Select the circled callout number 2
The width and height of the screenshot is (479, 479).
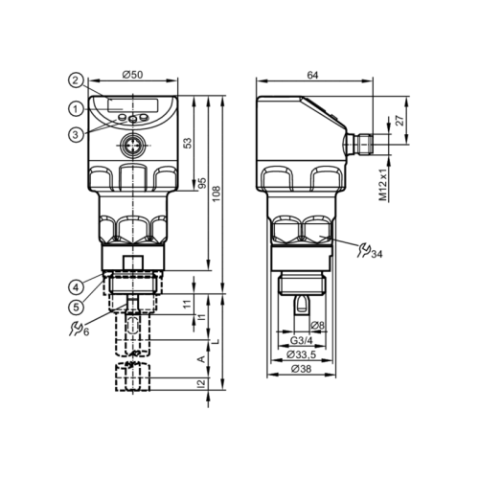pos(76,80)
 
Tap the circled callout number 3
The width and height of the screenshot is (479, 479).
pos(76,134)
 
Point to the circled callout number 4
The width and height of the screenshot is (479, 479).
pos(75,285)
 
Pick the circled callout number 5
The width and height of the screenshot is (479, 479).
pos(75,307)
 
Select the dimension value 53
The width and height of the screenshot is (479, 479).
pos(189,142)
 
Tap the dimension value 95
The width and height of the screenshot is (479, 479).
pos(203,182)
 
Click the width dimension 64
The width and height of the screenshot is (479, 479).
pos(313,75)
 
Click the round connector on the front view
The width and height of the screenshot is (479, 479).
pos(134,147)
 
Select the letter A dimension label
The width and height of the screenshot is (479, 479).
pos(199,358)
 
